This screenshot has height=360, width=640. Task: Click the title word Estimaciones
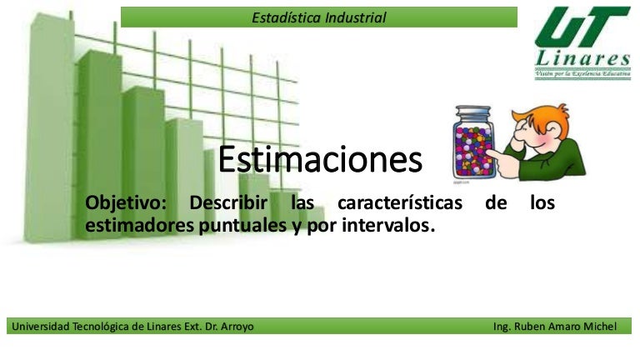[x=320, y=160]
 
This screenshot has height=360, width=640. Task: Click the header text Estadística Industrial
[x=319, y=17]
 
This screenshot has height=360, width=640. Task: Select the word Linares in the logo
[x=582, y=59]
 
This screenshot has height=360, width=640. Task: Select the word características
[x=399, y=204]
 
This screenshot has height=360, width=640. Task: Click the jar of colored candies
[x=473, y=146]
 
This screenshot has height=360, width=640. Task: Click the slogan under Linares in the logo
[x=582, y=74]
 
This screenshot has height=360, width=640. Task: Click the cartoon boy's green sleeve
[x=546, y=158]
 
